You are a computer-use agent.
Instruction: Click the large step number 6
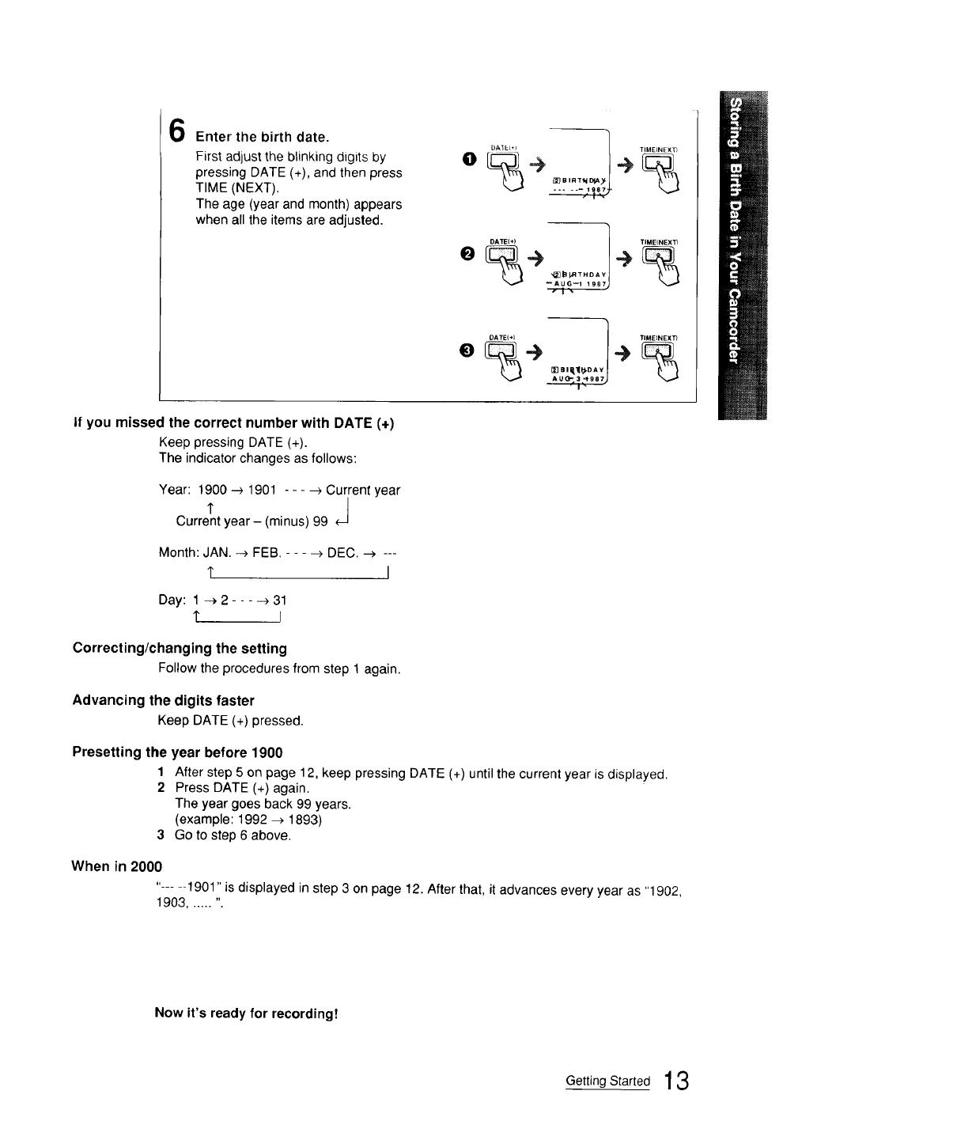pyautogui.click(x=178, y=131)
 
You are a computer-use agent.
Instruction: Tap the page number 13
pyautogui.click(x=679, y=1081)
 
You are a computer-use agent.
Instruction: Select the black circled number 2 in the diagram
pyautogui.click(x=467, y=252)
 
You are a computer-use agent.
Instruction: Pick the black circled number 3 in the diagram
pyautogui.click(x=468, y=349)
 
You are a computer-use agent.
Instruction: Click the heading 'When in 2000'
pyautogui.click(x=116, y=866)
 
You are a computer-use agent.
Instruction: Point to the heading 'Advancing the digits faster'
pyautogui.click(x=163, y=700)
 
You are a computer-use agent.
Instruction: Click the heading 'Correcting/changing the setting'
pyautogui.click(x=180, y=649)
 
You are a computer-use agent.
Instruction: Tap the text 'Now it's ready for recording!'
pyautogui.click(x=247, y=1013)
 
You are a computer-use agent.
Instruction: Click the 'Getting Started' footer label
pyautogui.click(x=607, y=1081)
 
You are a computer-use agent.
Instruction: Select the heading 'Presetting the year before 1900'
pyautogui.click(x=177, y=752)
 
